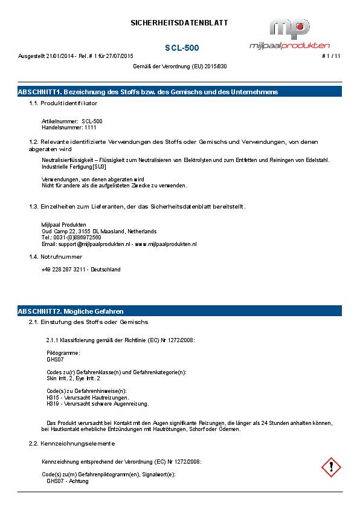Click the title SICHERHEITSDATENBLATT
pyautogui.click(x=179, y=23)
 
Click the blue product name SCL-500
pyautogui.click(x=182, y=48)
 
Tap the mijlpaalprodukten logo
pyautogui.click(x=290, y=34)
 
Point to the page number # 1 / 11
pyautogui.click(x=331, y=56)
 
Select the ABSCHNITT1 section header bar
pyautogui.click(x=179, y=92)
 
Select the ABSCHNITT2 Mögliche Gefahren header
pyautogui.click(x=179, y=311)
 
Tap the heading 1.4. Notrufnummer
pyautogui.click(x=56, y=257)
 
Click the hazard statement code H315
pyautogui.click(x=53, y=398)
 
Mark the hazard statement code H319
pyautogui.click(x=53, y=404)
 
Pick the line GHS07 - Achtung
pyautogui.click(x=68, y=481)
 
